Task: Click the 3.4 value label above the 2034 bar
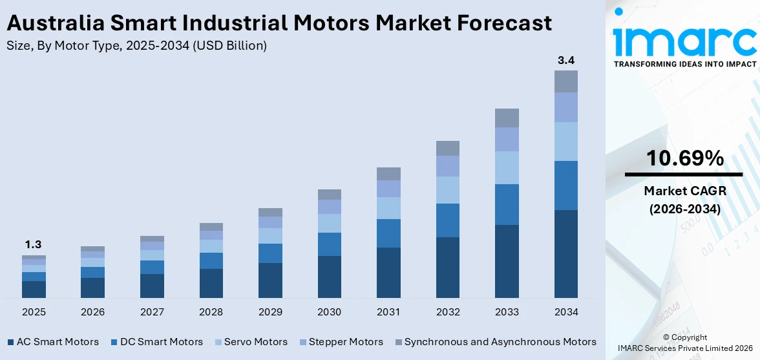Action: coord(565,60)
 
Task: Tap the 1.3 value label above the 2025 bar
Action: coord(34,244)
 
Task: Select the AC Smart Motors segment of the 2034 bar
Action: coord(565,253)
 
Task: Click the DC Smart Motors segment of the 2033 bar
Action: coord(507,204)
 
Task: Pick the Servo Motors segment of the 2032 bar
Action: coord(447,189)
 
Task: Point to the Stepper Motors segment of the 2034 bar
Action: coord(565,107)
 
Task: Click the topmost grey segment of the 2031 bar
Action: coord(388,173)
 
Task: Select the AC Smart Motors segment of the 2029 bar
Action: coord(270,280)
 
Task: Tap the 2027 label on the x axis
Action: coord(152,312)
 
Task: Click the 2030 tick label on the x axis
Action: coord(329,312)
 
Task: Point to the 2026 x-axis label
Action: coord(92,312)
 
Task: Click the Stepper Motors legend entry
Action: coord(346,342)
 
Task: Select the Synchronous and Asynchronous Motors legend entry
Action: coord(500,342)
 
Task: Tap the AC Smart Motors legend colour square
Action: coord(10,342)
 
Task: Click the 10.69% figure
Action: coord(683,158)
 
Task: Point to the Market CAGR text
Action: coord(683,191)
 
